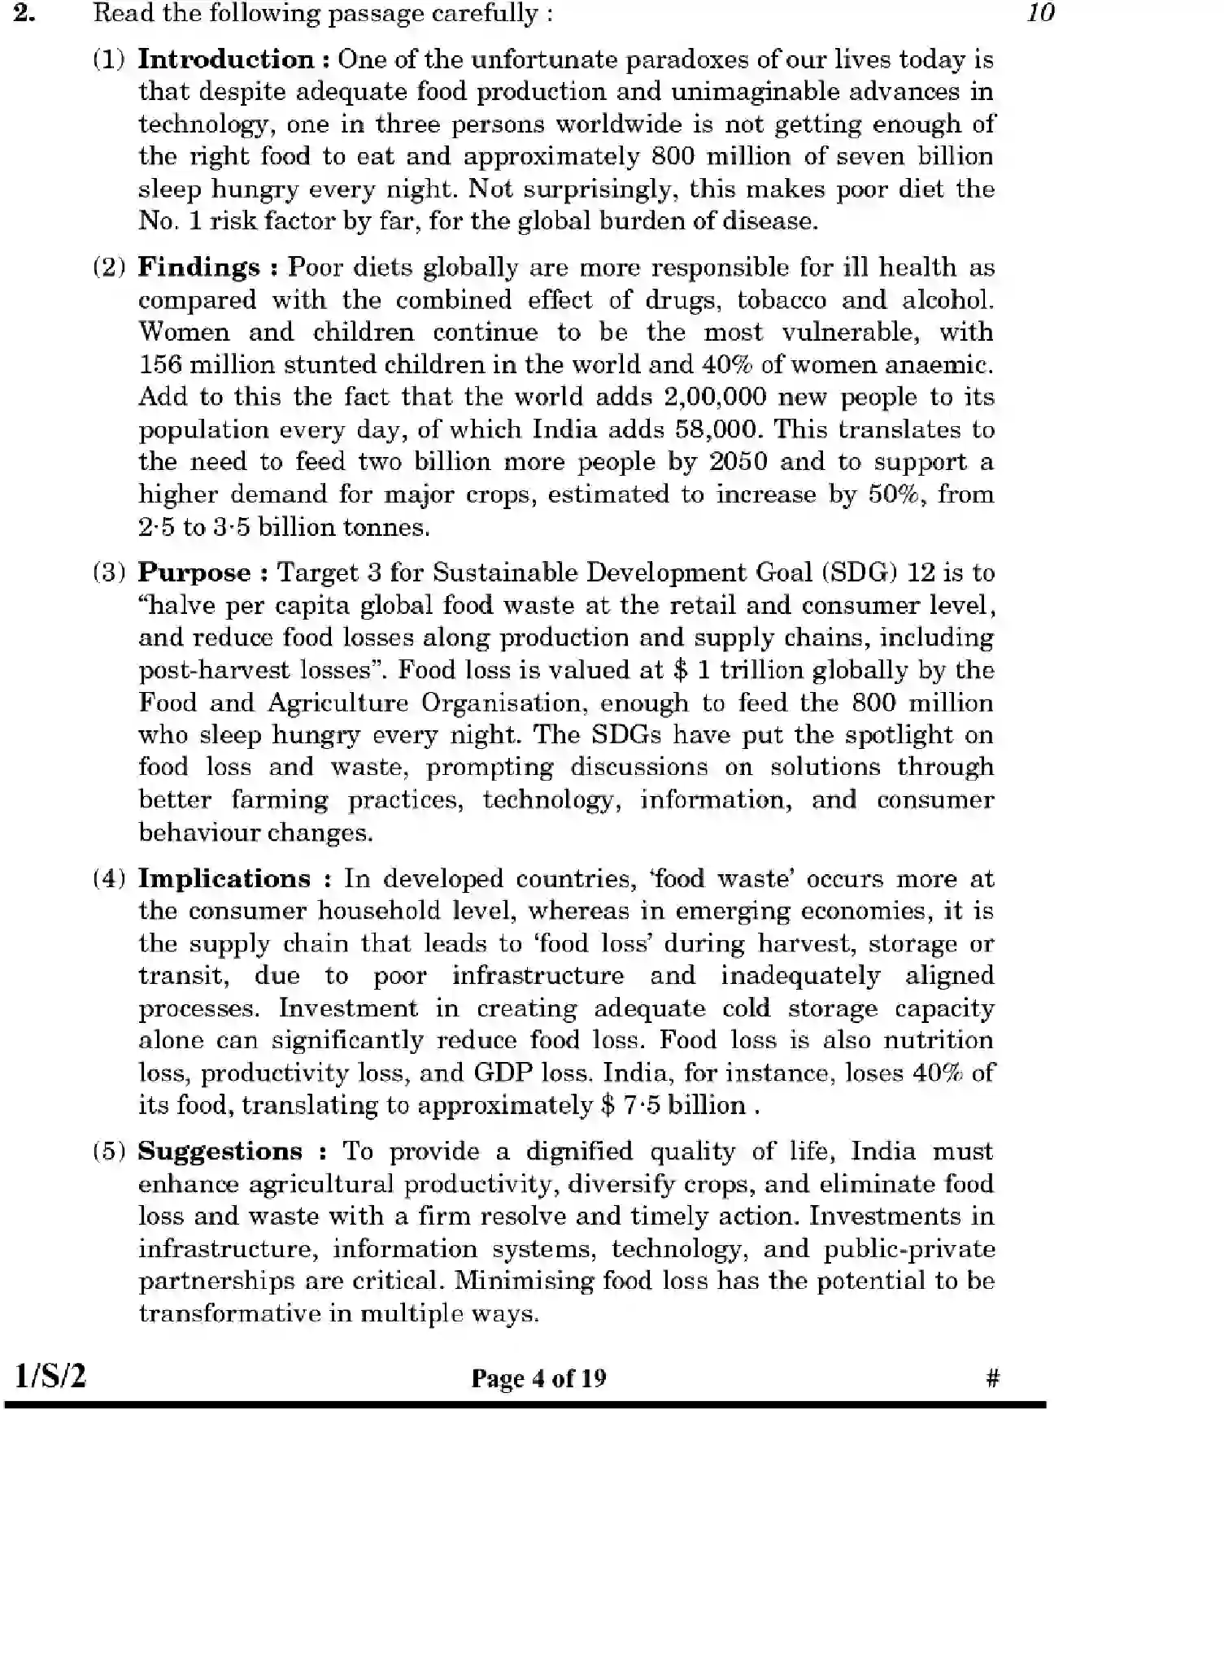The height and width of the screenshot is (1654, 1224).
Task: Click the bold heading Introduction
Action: (225, 59)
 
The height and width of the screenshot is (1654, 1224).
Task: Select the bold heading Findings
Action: (198, 268)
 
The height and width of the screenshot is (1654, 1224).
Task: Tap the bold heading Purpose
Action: (194, 572)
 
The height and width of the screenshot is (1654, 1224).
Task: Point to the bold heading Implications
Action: (224, 878)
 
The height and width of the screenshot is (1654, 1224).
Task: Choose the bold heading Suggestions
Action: (220, 1151)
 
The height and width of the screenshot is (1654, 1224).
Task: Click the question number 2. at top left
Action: (25, 13)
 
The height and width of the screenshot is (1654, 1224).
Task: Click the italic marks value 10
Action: (1040, 13)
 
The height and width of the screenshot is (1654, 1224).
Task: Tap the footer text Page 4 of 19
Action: (538, 1378)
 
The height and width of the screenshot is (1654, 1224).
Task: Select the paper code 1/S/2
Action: (50, 1375)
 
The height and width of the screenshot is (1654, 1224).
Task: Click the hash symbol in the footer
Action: (991, 1378)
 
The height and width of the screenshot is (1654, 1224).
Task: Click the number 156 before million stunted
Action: (159, 364)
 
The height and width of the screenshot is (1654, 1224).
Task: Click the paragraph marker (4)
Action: (108, 879)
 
